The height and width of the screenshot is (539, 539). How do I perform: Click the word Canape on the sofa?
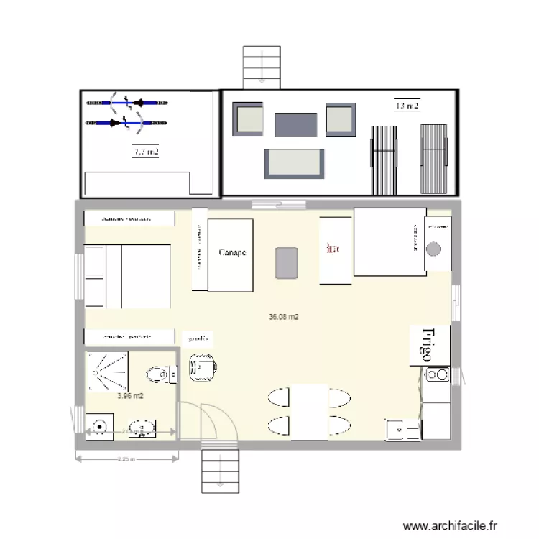pyautogui.click(x=232, y=252)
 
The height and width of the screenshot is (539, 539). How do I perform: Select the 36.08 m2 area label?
pyautogui.click(x=284, y=316)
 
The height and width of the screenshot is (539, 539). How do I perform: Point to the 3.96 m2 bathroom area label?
pyautogui.click(x=130, y=395)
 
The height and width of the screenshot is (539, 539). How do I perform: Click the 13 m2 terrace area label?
pyautogui.click(x=407, y=106)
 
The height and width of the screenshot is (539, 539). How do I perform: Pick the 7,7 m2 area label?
pyautogui.click(x=146, y=152)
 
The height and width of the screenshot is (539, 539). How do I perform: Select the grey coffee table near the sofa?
pyautogui.click(x=286, y=262)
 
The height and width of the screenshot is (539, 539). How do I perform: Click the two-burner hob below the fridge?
pyautogui.click(x=436, y=374)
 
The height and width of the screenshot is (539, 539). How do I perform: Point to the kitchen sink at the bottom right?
pyautogui.click(x=402, y=429)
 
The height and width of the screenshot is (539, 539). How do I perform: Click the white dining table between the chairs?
pyautogui.click(x=309, y=412)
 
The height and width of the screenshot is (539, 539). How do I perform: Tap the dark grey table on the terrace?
pyautogui.click(x=295, y=124)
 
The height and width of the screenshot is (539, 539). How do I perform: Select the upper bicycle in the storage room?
pyautogui.click(x=126, y=101)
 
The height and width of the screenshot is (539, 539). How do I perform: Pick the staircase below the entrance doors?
pyautogui.click(x=219, y=471)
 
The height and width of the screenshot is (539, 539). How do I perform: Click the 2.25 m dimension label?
pyautogui.click(x=125, y=458)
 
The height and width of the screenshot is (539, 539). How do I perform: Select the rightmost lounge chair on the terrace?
pyautogui.click(x=434, y=158)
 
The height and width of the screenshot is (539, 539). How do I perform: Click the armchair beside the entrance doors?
pyautogui.click(x=202, y=368)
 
